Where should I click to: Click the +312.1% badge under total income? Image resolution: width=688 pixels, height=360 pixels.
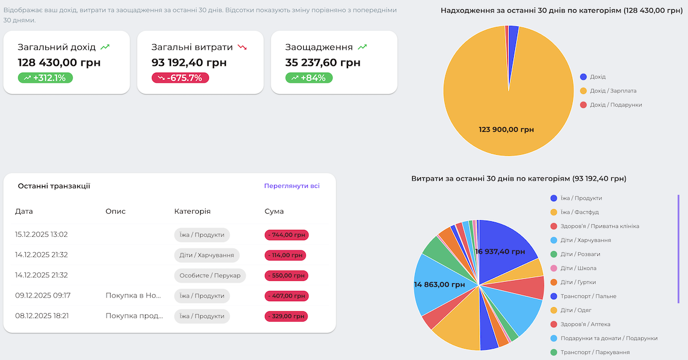tap(45, 77)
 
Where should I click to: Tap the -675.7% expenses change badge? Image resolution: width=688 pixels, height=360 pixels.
tap(180, 77)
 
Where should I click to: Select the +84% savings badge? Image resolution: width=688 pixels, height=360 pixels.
tap(309, 77)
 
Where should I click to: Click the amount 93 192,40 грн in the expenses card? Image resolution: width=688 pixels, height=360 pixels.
tap(189, 62)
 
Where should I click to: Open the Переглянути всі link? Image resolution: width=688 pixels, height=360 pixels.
tap(292, 186)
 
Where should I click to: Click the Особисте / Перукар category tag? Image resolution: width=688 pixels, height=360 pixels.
tap(210, 275)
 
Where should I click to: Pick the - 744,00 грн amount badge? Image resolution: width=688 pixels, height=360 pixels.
tap(287, 234)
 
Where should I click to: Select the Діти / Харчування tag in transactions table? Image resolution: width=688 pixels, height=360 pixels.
tap(206, 255)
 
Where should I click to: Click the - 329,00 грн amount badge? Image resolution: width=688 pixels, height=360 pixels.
tap(287, 316)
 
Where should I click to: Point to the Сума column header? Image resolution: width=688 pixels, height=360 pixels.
tap(274, 211)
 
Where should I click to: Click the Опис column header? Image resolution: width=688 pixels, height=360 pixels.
tap(115, 211)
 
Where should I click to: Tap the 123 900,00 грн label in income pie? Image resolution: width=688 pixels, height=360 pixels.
tap(506, 130)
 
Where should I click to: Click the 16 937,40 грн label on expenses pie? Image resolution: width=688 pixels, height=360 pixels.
tap(500, 251)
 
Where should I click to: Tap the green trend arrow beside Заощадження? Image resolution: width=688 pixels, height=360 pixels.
tap(362, 47)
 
